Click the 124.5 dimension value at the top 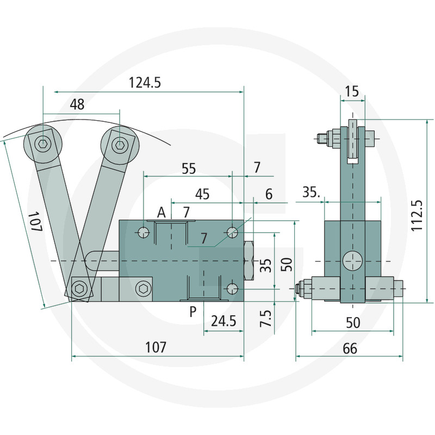point(145,83)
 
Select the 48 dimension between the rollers point(77,104)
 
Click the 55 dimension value point(188,169)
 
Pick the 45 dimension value point(202,194)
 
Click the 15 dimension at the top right point(352,91)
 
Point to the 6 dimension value point(269,194)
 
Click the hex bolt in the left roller point(43,145)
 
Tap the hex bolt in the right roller point(120,145)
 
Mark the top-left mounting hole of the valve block point(143,232)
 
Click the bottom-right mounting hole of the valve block point(232,288)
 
